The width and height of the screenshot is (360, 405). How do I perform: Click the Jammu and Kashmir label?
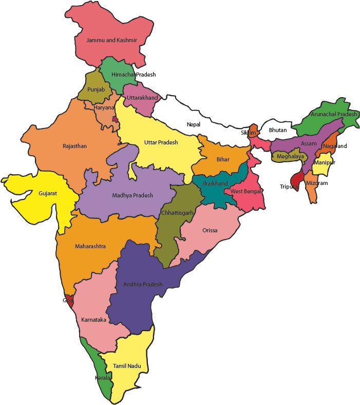111,40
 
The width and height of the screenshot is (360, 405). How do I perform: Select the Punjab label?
96,89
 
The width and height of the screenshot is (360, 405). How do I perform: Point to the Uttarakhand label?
142,97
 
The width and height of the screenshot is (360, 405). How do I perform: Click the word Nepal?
194,124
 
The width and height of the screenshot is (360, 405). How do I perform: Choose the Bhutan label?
278,130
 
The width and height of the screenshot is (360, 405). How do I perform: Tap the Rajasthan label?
74,146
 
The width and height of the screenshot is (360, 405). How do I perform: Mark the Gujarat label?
48,193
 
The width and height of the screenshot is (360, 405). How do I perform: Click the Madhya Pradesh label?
132,195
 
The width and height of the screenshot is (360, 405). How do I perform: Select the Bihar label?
223,160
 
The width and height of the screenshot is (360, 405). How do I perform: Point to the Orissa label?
210,230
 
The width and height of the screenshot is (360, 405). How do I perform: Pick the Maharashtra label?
90,246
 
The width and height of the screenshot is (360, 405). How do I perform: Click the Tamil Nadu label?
127,366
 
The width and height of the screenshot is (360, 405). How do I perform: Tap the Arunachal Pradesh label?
333,114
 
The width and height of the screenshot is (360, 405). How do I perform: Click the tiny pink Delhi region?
116,119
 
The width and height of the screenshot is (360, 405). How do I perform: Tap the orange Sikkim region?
253,128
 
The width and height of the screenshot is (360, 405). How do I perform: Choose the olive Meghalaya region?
289,156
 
